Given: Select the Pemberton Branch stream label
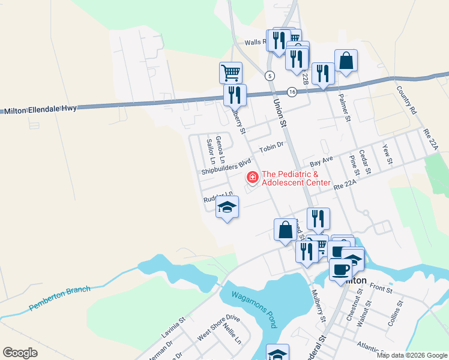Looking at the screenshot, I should (x=60, y=299).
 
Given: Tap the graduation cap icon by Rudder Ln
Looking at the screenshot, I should (x=227, y=207).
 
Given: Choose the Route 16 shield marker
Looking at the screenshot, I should (x=292, y=92).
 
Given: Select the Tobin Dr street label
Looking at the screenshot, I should (x=271, y=148).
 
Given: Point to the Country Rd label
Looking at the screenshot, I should (x=406, y=100).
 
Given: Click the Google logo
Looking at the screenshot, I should (x=20, y=353).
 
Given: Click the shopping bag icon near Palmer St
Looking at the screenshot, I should (x=346, y=61).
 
